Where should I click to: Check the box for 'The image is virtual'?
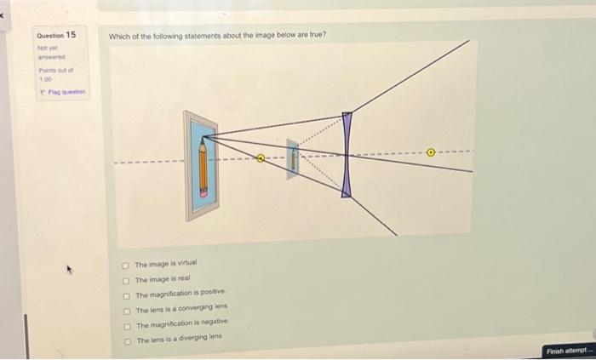click(x=126, y=265)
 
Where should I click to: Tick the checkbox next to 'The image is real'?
click(x=126, y=279)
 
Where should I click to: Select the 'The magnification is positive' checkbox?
click(x=126, y=294)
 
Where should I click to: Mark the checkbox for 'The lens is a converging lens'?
click(x=126, y=310)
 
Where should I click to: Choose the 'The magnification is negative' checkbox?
click(x=126, y=325)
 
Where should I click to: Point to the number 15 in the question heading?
click(x=71, y=35)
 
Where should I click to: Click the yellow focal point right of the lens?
click(x=431, y=154)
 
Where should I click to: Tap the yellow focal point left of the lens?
click(x=261, y=157)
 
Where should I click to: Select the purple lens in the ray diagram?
click(x=347, y=154)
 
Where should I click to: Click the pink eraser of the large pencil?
click(x=203, y=192)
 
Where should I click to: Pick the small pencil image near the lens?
click(x=293, y=157)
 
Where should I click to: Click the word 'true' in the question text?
click(x=317, y=35)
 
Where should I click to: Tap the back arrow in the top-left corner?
click(x=6, y=5)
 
